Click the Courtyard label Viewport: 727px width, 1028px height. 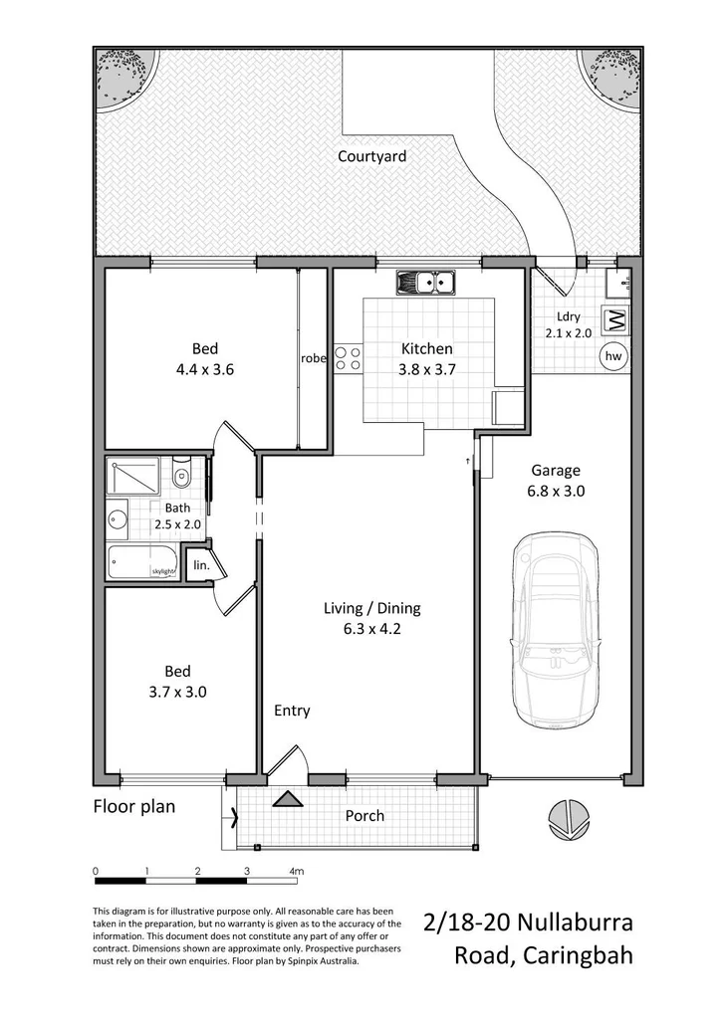[371, 156]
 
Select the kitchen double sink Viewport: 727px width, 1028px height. [424, 283]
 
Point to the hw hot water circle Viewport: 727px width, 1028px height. [612, 355]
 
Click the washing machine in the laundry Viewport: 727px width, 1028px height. [615, 320]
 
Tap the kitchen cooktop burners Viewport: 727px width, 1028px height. [348, 358]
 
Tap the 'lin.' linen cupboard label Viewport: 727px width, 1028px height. [200, 564]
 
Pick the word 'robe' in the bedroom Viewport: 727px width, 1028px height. [314, 358]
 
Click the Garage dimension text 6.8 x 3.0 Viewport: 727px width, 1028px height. [556, 491]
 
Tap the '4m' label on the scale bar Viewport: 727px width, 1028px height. [296, 871]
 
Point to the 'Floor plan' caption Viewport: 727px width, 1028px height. [133, 806]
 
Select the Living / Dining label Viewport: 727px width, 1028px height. [372, 608]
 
